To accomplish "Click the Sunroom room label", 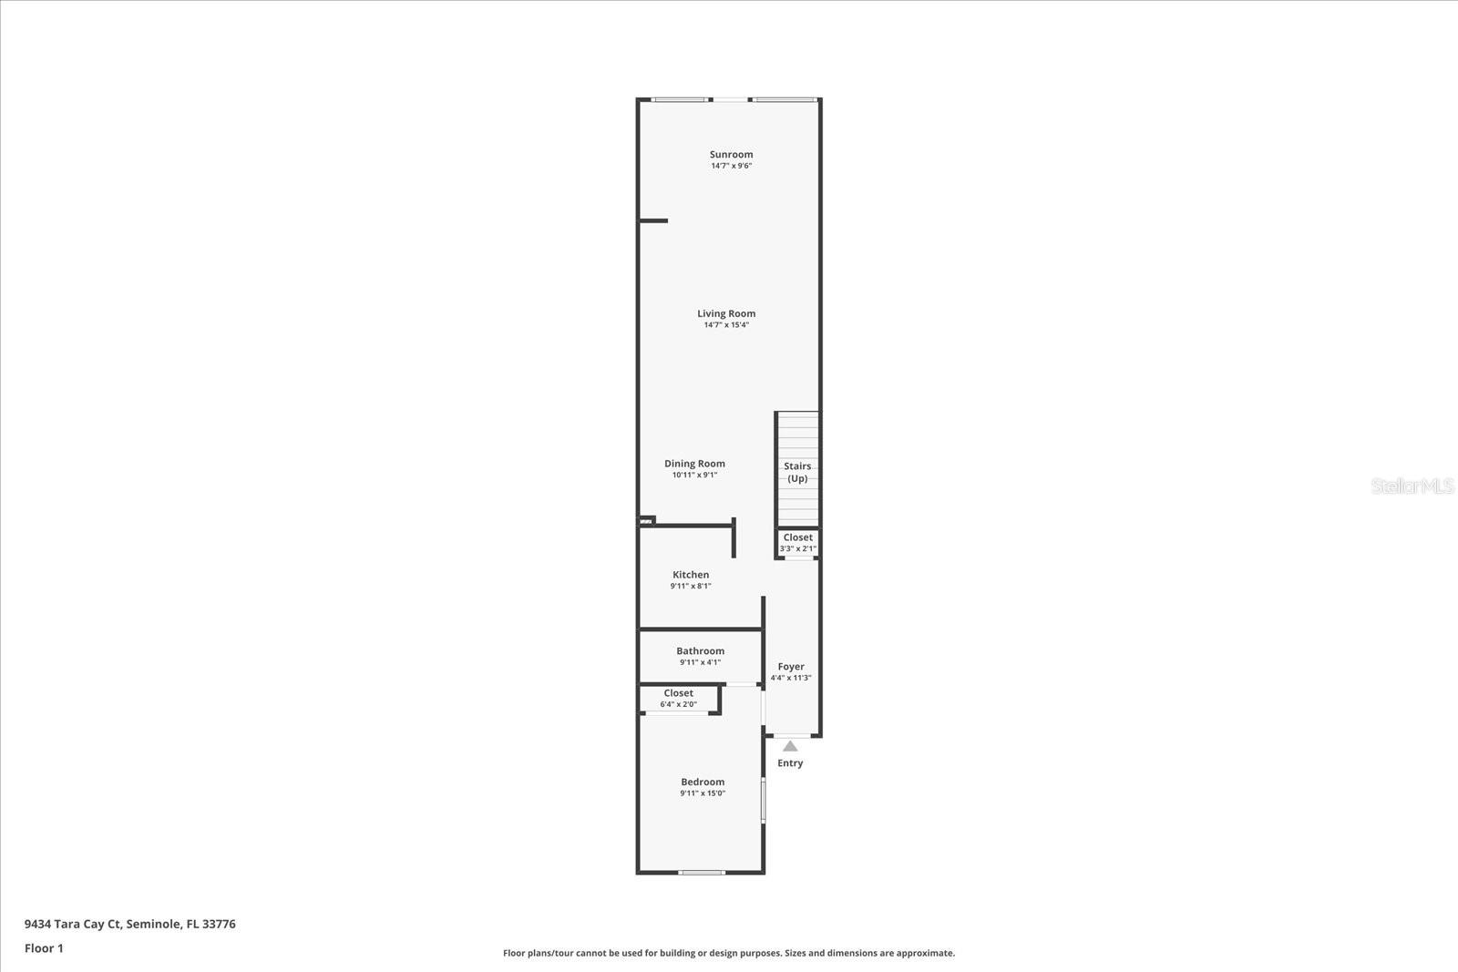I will [731, 154].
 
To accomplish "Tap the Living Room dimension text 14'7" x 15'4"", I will [726, 325].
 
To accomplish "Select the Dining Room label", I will [694, 464].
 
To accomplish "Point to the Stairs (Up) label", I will [797, 472].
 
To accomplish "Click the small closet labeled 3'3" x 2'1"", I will [797, 543].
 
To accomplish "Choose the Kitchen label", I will [691, 575].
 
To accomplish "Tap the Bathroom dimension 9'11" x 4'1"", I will [700, 662].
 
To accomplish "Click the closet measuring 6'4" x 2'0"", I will [678, 699].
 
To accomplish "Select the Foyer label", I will [791, 667].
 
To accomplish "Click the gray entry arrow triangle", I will [790, 746].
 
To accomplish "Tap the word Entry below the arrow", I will [790, 763].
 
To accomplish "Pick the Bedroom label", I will [703, 782].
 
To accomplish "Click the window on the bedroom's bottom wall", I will [702, 873].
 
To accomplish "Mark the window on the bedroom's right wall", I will [764, 800].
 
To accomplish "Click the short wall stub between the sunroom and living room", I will [653, 220].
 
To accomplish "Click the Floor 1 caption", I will [44, 948].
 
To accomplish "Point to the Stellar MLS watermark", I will [1412, 486].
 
